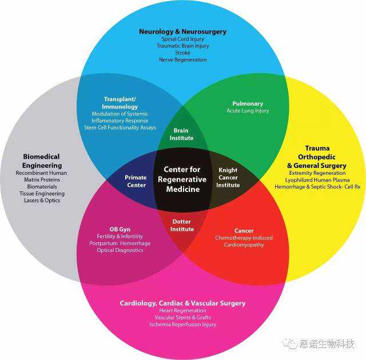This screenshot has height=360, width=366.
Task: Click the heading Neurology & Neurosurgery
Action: tap(182, 31)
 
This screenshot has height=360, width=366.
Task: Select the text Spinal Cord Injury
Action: tap(182, 39)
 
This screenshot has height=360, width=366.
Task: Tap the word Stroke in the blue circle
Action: tap(182, 53)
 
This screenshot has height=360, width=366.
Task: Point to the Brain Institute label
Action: tap(182, 134)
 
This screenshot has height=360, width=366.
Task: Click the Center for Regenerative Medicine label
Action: tap(182, 179)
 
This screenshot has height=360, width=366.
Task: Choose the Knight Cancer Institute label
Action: tap(228, 177)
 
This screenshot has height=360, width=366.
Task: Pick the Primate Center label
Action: tap(136, 181)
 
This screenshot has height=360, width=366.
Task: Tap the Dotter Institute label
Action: tap(182, 226)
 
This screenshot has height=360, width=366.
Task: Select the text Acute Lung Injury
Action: tap(247, 111)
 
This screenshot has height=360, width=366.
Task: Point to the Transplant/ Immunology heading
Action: tap(120, 103)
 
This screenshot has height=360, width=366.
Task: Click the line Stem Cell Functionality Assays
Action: tap(120, 127)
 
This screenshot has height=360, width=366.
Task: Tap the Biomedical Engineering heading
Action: tap(41, 161)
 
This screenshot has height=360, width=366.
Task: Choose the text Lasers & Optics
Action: tap(41, 201)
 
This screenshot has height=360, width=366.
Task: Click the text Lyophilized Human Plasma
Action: tap(317, 180)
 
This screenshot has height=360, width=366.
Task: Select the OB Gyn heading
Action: tap(120, 229)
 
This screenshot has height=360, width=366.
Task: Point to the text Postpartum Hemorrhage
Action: tap(120, 243)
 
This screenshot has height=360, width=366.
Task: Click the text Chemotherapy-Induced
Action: tap(244, 238)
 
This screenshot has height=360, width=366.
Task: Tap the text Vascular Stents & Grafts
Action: tap(182, 317)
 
